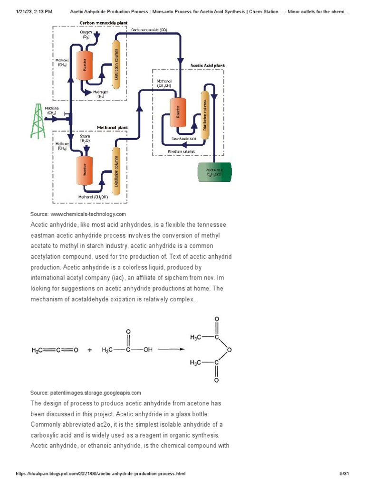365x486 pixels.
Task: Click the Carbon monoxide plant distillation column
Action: (115, 65)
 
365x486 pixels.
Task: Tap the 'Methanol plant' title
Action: (112, 128)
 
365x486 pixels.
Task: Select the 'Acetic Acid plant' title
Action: (207, 65)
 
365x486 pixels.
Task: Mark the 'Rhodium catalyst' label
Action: (182, 151)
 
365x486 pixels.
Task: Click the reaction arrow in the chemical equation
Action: (171, 350)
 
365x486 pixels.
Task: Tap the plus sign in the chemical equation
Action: (90, 350)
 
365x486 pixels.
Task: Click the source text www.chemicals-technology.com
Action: (78, 214)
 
